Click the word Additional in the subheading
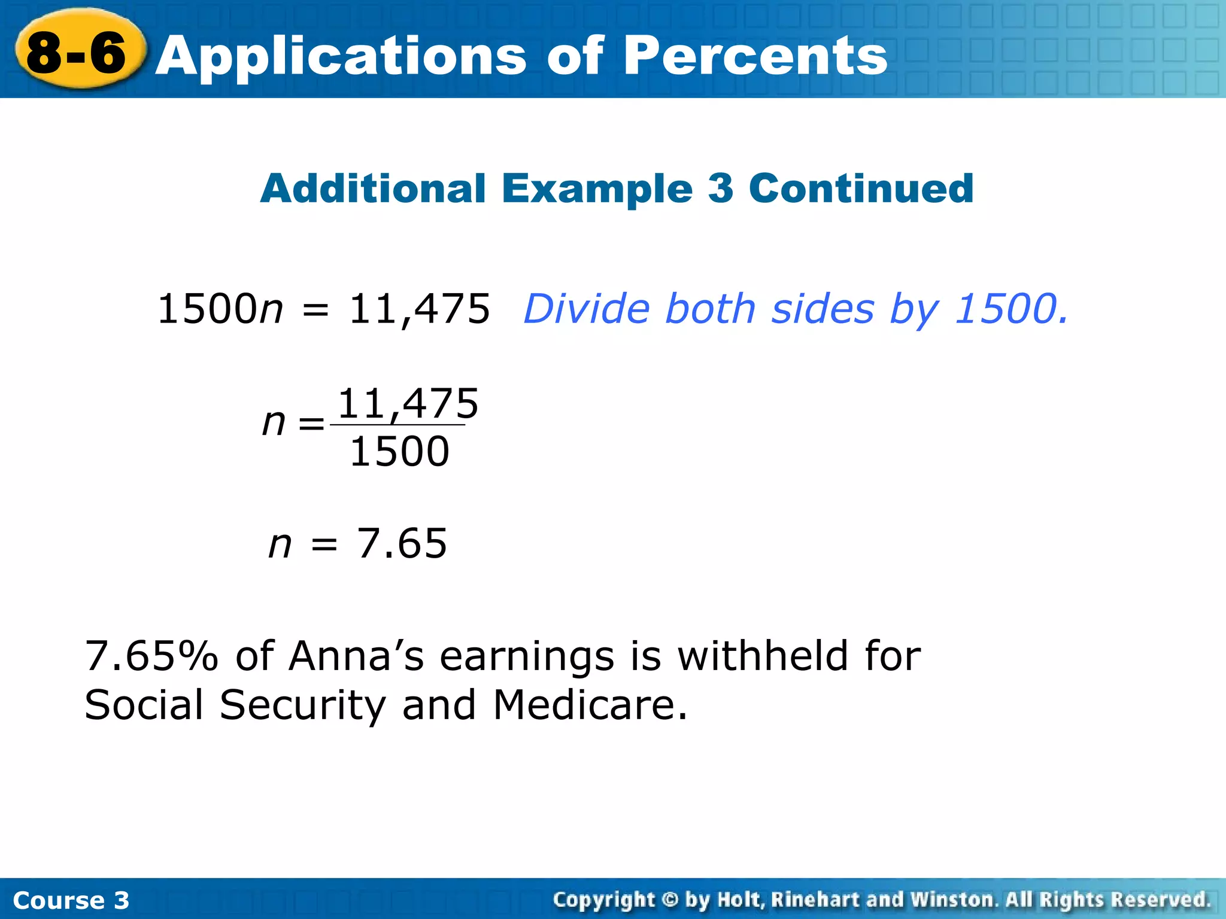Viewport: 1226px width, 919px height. pos(372,188)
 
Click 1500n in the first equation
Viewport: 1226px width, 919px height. pos(220,309)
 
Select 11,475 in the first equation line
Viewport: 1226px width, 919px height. pos(419,309)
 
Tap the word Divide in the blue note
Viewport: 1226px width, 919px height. pos(587,309)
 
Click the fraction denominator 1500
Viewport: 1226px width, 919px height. pos(399,452)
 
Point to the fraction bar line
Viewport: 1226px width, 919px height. pos(397,425)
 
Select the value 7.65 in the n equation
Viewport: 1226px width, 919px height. pos(402,544)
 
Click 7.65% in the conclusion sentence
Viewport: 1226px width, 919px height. pos(151,656)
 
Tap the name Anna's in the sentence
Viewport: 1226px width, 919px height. pos(356,656)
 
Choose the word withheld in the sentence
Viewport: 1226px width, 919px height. pos(763,656)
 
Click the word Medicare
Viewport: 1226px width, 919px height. pos(590,705)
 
